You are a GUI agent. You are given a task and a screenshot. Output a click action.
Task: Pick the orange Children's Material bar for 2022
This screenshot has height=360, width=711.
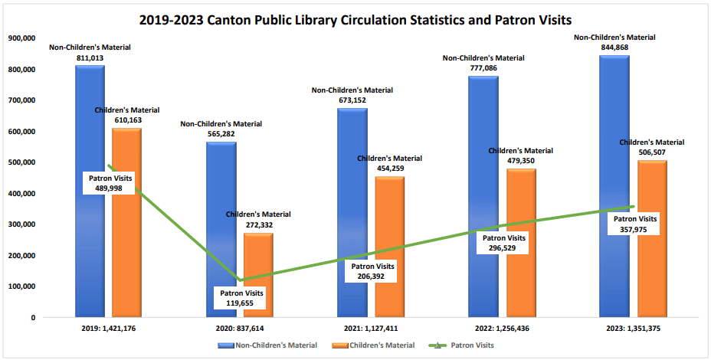(521, 260)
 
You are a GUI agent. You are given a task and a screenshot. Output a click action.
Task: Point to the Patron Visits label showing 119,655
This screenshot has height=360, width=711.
(242, 297)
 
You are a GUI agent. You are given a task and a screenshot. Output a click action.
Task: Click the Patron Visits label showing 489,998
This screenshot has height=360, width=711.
(110, 183)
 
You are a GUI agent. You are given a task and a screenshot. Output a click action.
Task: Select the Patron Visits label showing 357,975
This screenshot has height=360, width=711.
(637, 224)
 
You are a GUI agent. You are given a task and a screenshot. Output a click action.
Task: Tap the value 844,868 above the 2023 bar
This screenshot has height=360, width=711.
(614, 47)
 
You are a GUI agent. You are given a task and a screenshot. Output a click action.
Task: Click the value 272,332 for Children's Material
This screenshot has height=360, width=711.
(258, 225)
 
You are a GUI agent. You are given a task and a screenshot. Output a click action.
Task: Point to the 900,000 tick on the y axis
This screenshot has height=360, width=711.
(21, 38)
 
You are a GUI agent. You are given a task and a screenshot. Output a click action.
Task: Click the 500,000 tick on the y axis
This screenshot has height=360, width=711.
(21, 162)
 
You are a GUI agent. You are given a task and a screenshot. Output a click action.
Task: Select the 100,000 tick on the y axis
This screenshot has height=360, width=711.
(21, 286)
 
